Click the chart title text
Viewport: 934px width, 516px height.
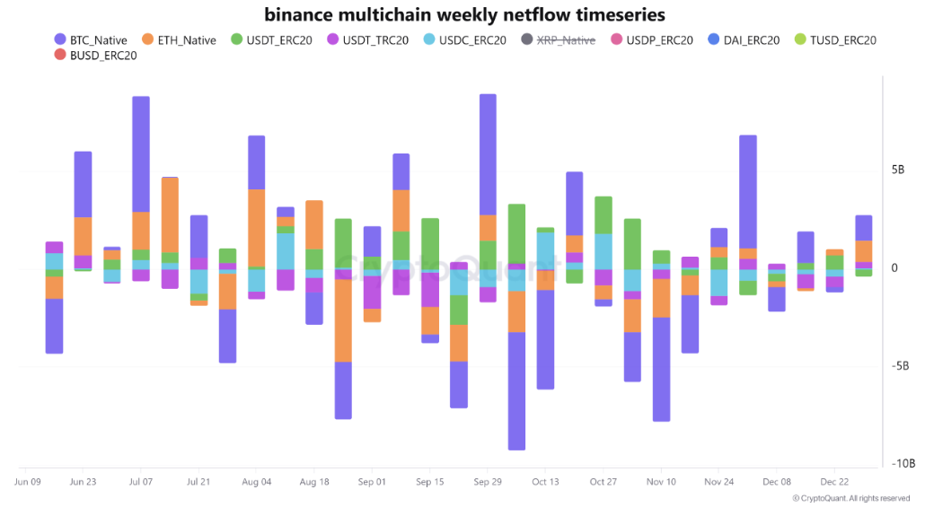pyautogui.click(x=466, y=14)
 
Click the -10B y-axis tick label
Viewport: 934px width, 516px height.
pyautogui.click(x=903, y=463)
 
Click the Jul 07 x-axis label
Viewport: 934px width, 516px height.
pyautogui.click(x=141, y=482)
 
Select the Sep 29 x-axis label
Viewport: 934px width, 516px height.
pyautogui.click(x=488, y=482)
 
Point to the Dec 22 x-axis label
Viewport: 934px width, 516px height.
pyautogui.click(x=834, y=482)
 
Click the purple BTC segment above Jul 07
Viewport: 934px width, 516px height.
pyautogui.click(x=141, y=153)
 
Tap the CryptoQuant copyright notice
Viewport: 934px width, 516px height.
pyautogui.click(x=850, y=498)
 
